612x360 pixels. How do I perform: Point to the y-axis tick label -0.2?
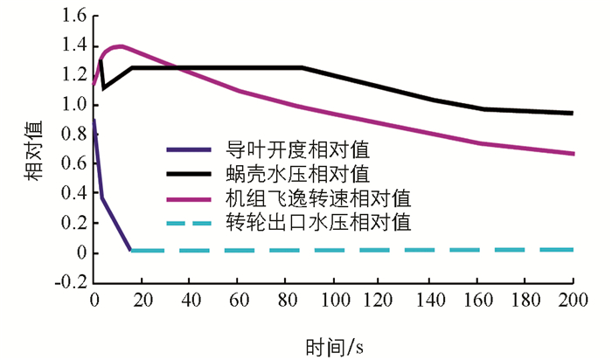pyautogui.click(x=73, y=283)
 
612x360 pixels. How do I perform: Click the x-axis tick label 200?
pyautogui.click(x=572, y=301)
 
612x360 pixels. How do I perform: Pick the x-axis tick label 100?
pyautogui.click(x=333, y=301)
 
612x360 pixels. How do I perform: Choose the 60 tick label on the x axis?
pyautogui.click(x=238, y=301)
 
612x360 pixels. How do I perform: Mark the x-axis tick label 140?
pyautogui.click(x=428, y=301)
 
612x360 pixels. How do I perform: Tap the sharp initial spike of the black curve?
pyautogui.click(x=101, y=59)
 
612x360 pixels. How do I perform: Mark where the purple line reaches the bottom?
pyautogui.click(x=130, y=250)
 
